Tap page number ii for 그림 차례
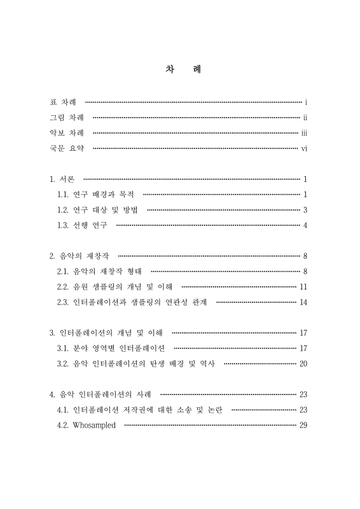pyautogui.click(x=305, y=118)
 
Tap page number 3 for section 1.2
pyautogui.click(x=306, y=210)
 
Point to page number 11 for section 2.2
pyautogui.click(x=303, y=287)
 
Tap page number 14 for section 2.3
pyautogui.click(x=303, y=302)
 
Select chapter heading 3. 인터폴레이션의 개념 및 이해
pyautogui.click(x=107, y=333)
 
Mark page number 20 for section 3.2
pyautogui.click(x=303, y=364)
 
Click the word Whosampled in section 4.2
pyautogui.click(x=95, y=426)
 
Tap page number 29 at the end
pyautogui.click(x=303, y=426)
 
